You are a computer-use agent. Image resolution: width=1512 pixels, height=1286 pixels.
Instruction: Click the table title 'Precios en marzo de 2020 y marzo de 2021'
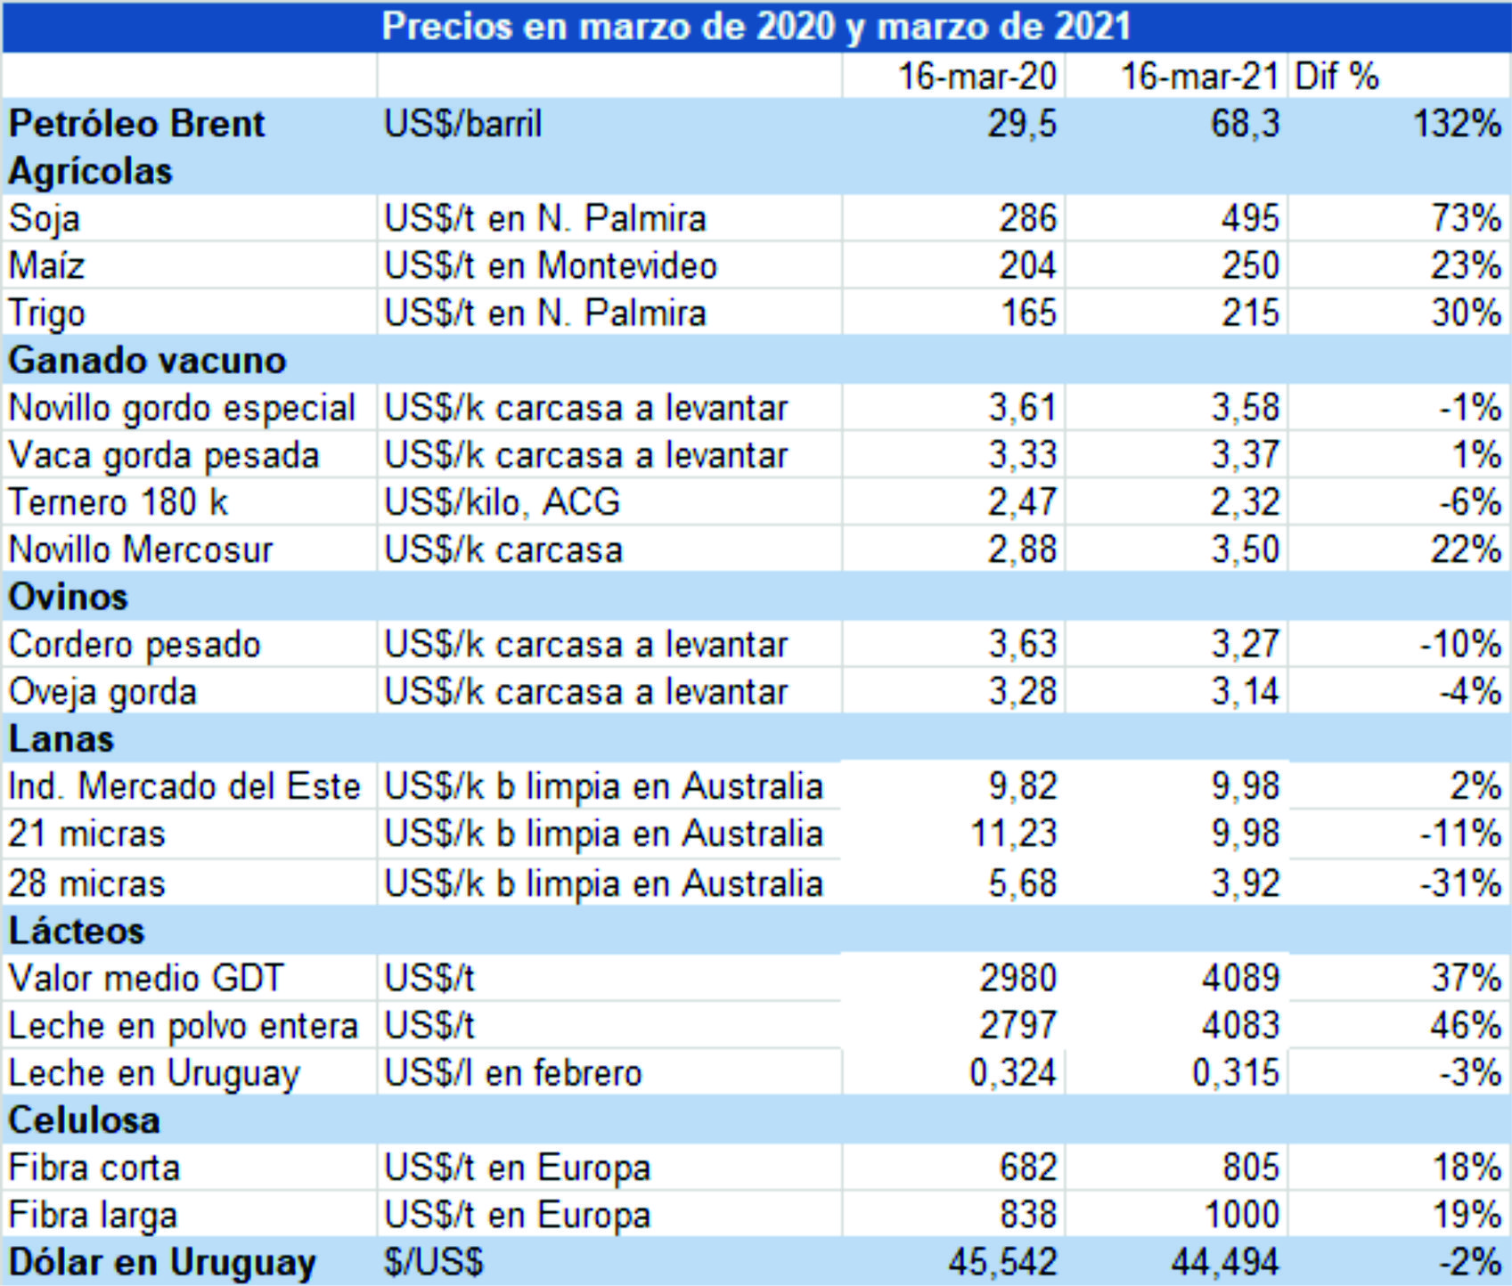pyautogui.click(x=756, y=27)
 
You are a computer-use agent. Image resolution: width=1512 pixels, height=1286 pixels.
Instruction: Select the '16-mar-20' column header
pyautogui.click(x=977, y=77)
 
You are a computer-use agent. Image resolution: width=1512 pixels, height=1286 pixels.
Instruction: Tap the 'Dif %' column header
pyautogui.click(x=1336, y=77)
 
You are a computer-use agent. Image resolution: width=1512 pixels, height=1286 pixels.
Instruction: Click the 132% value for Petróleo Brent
pyautogui.click(x=1457, y=124)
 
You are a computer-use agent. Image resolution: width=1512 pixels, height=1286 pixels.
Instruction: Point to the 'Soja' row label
pyautogui.click(x=45, y=219)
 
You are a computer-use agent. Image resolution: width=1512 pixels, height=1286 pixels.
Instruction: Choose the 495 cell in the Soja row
pyautogui.click(x=1250, y=219)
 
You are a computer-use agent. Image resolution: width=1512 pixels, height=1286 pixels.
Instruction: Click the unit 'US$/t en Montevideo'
pyautogui.click(x=550, y=266)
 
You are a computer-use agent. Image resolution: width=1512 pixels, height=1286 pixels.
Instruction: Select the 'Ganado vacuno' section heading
pyautogui.click(x=147, y=361)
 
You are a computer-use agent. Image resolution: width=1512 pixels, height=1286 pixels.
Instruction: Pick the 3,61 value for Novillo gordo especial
pyautogui.click(x=1022, y=408)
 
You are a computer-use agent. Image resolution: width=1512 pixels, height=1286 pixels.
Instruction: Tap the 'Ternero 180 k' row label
pyautogui.click(x=118, y=502)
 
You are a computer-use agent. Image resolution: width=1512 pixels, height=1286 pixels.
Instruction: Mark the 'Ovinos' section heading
pyautogui.click(x=68, y=597)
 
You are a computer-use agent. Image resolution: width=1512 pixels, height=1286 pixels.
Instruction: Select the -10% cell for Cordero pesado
pyautogui.click(x=1460, y=644)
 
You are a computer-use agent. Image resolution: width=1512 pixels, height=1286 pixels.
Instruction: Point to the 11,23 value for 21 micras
pyautogui.click(x=1013, y=834)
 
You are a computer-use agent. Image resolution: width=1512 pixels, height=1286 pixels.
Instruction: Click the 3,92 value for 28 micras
pyautogui.click(x=1245, y=883)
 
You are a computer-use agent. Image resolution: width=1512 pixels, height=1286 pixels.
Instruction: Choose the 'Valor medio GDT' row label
pyautogui.click(x=145, y=979)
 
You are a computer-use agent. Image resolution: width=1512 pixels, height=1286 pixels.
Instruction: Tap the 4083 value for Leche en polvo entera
pyautogui.click(x=1240, y=1026)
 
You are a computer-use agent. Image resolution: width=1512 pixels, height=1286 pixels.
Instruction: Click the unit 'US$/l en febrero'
pyautogui.click(x=512, y=1073)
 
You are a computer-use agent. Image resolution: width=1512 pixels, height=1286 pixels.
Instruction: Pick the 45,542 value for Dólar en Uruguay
pyautogui.click(x=1002, y=1263)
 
